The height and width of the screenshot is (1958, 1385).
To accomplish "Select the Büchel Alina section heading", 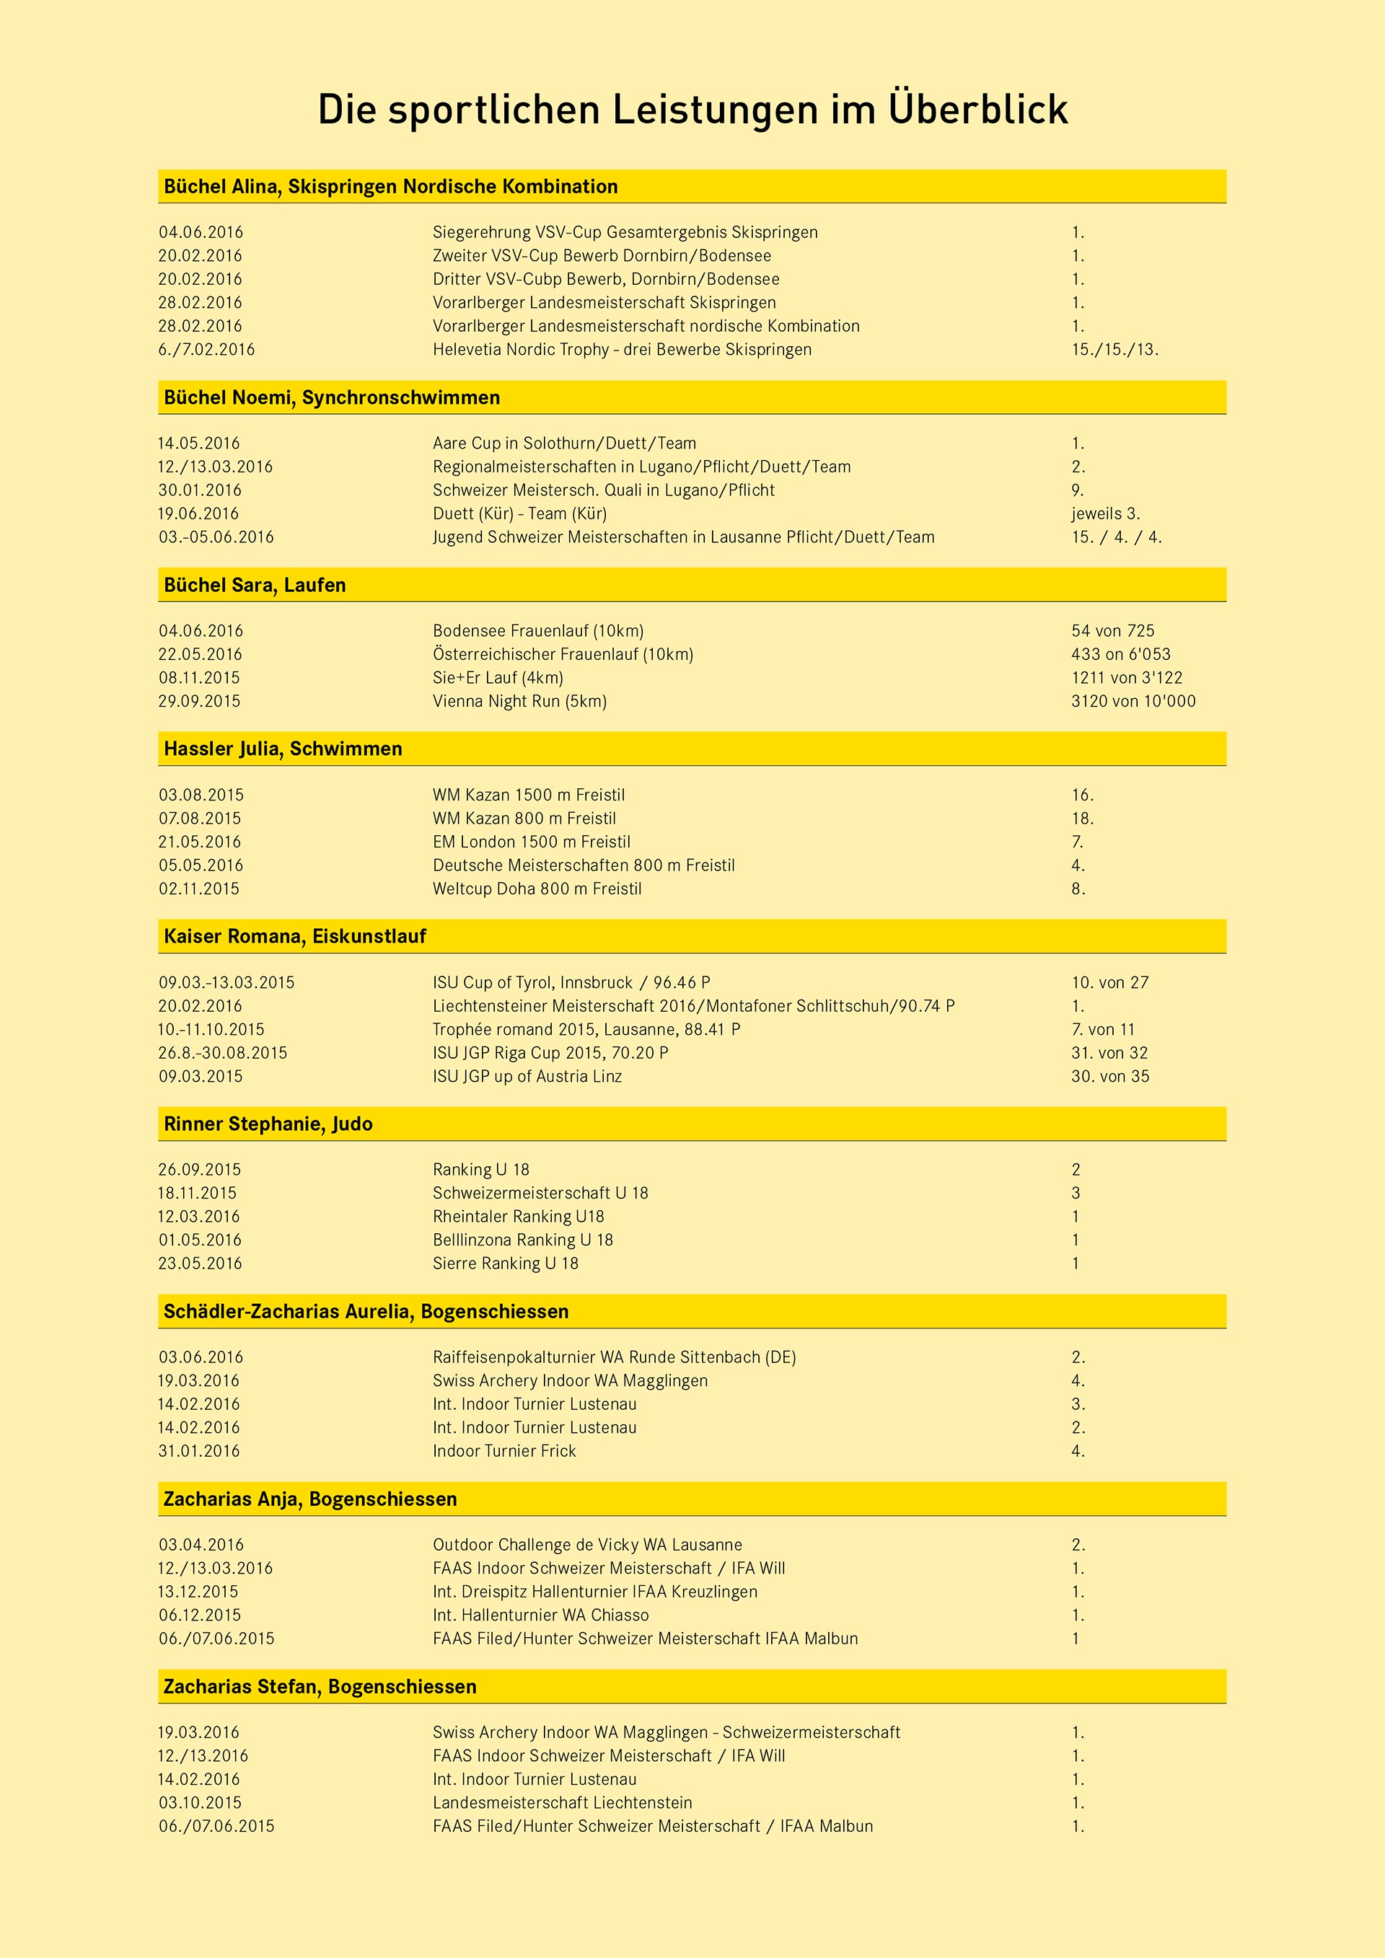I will coord(390,187).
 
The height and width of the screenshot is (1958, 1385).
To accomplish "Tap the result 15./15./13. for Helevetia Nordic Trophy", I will coord(1114,350).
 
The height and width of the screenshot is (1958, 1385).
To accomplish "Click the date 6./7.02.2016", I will coord(206,350).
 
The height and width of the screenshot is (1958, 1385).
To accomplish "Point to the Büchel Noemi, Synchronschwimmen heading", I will coord(332,398).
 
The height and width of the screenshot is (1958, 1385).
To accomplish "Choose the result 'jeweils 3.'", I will coord(1105,513).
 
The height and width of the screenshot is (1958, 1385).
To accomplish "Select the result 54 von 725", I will coord(1112,631).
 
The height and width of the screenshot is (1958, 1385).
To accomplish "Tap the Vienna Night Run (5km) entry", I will coord(519,701).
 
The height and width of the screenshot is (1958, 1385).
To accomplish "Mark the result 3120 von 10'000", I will coord(1133,701).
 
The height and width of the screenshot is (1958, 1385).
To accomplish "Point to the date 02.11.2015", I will coord(198,888).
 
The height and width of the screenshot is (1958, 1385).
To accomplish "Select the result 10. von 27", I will coord(1109,982).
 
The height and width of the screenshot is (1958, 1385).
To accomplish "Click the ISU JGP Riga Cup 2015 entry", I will coord(550,1052).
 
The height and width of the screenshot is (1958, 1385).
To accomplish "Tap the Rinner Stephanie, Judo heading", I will coord(268,1124).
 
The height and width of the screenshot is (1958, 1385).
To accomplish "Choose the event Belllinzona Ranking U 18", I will coord(522,1240).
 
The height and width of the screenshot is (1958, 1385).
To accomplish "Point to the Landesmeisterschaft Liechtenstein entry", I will coord(562,1802).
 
